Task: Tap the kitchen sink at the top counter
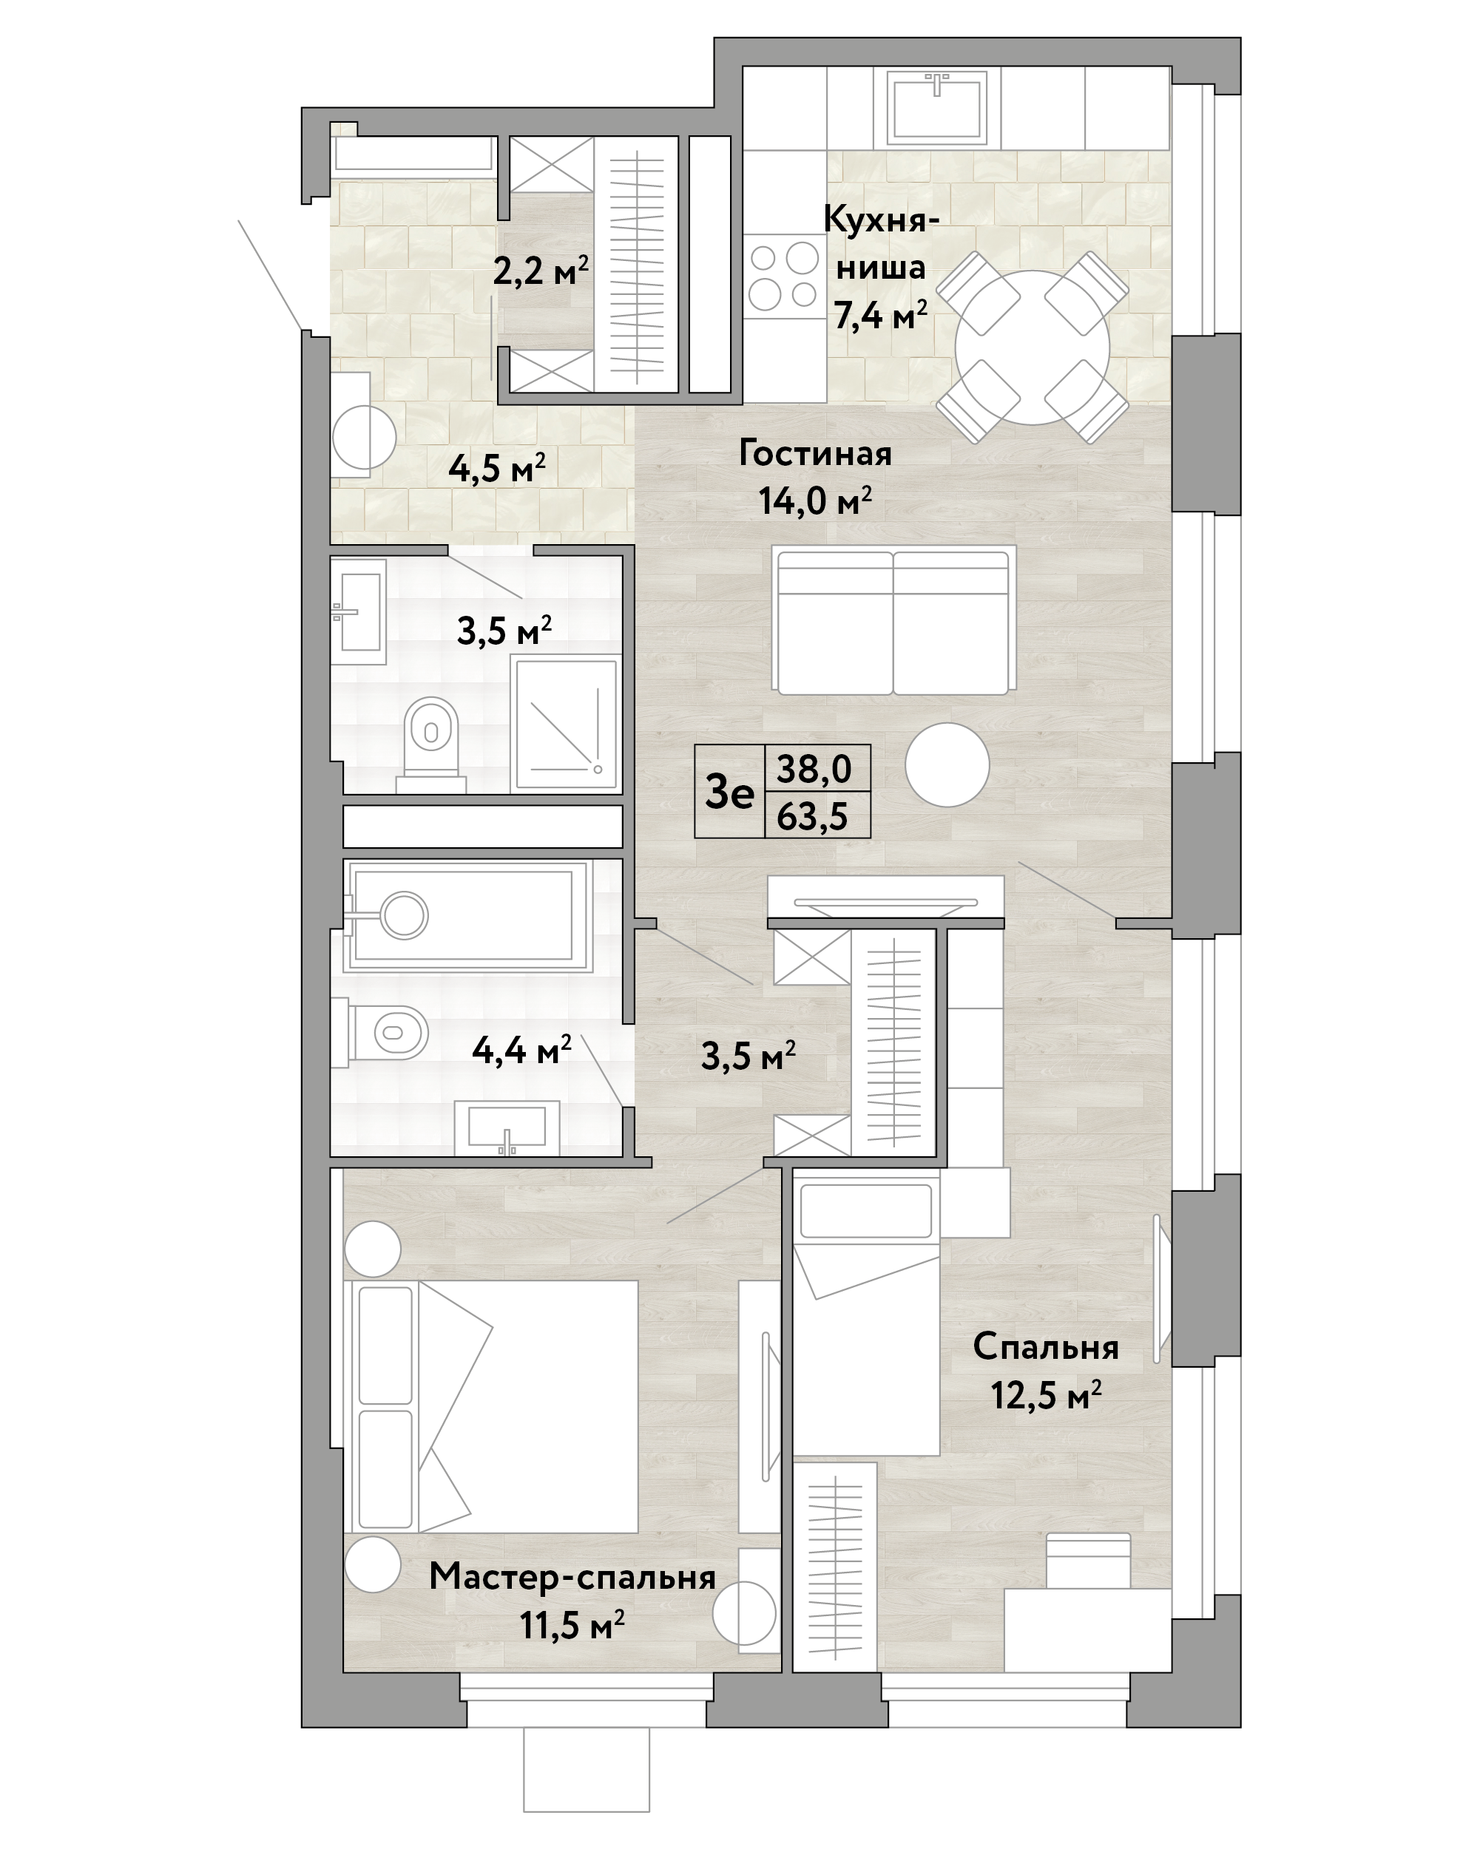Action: tap(937, 106)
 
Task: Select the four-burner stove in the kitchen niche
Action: tap(784, 276)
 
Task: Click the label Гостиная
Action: tap(815, 455)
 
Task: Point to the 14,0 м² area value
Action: tap(815, 500)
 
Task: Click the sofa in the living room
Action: tap(893, 620)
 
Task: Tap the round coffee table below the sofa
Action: tap(947, 765)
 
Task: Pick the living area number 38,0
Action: tap(814, 768)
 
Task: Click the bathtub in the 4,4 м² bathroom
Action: tap(467, 915)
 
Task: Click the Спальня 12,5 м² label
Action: tap(1046, 1371)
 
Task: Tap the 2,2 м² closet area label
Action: tap(541, 271)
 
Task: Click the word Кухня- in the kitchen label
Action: tap(881, 220)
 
